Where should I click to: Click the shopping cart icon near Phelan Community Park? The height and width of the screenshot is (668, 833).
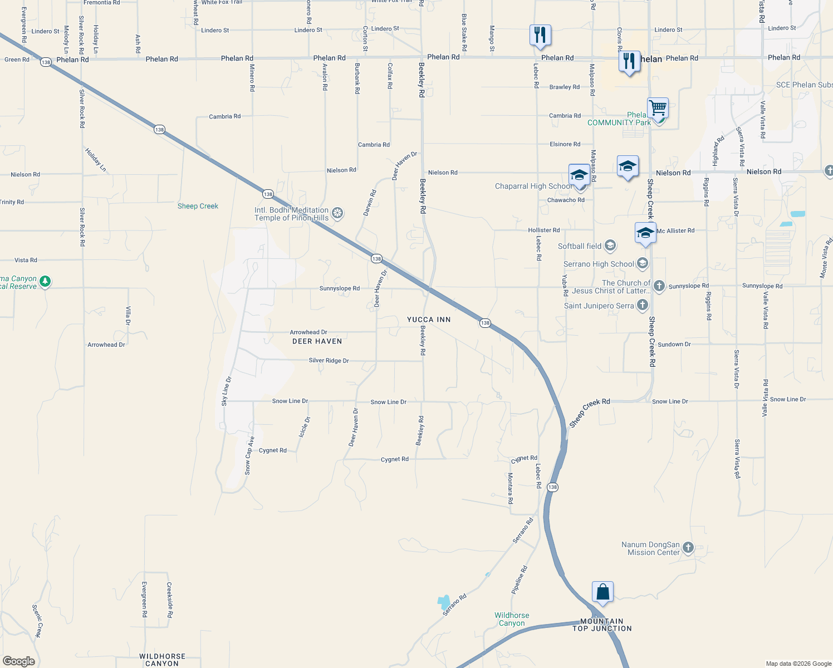point(658,107)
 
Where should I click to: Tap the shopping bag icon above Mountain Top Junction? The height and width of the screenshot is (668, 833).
point(602,592)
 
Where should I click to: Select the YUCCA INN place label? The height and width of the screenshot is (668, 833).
point(429,320)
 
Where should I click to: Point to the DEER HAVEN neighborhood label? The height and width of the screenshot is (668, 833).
point(317,341)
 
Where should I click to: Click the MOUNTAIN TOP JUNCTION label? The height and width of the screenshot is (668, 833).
point(602,625)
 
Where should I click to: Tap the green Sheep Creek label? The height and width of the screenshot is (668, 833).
point(198,206)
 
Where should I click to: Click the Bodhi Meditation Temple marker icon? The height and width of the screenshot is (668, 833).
point(337,213)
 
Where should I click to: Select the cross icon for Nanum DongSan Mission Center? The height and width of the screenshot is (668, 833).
point(688,548)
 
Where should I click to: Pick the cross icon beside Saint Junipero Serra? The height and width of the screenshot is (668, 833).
point(643,304)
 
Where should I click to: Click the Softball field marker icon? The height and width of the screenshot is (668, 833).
point(610,245)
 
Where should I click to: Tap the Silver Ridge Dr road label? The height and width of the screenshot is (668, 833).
point(329,361)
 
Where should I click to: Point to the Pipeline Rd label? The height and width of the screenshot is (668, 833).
point(519,580)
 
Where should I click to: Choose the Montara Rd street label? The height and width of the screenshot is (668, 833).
point(510,489)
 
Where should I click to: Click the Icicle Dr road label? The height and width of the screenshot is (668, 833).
point(305,428)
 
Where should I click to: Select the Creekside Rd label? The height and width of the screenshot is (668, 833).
point(169,600)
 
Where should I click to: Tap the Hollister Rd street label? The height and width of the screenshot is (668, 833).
point(544,230)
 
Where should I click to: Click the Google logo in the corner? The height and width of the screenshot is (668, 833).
point(18,661)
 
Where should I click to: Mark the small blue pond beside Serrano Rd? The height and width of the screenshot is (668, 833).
point(444,602)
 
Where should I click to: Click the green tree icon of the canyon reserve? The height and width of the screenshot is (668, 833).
point(46,282)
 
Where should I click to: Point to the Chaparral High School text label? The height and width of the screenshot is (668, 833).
point(532,186)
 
